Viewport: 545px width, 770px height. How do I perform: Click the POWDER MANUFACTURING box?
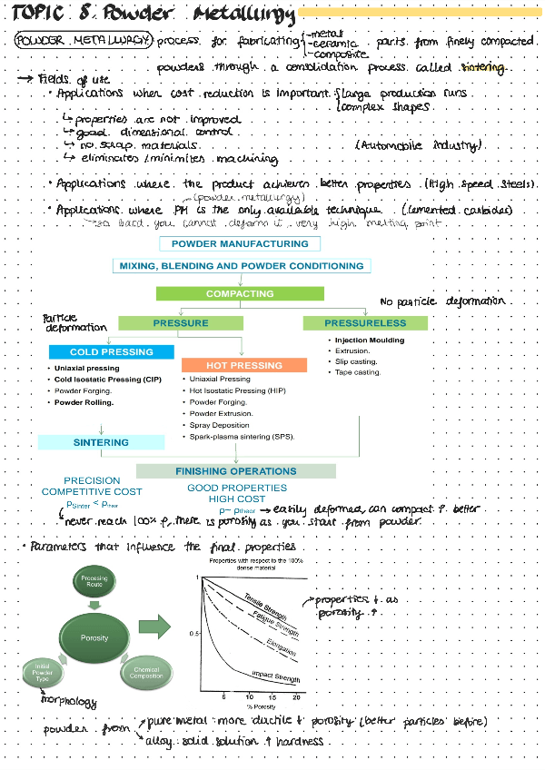pos(240,243)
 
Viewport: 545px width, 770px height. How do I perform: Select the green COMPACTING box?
pos(240,293)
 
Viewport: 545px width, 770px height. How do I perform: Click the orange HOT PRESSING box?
pos(244,365)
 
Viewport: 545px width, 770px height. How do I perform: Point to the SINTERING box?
pos(101,442)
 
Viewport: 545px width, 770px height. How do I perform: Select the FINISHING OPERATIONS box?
pos(235,471)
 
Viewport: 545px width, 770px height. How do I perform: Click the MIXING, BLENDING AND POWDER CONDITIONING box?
pos(241,266)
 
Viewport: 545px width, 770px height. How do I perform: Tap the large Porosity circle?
pos(94,637)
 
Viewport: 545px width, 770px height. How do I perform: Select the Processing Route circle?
pos(94,582)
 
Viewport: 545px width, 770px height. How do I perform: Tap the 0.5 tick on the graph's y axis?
pos(192,632)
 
